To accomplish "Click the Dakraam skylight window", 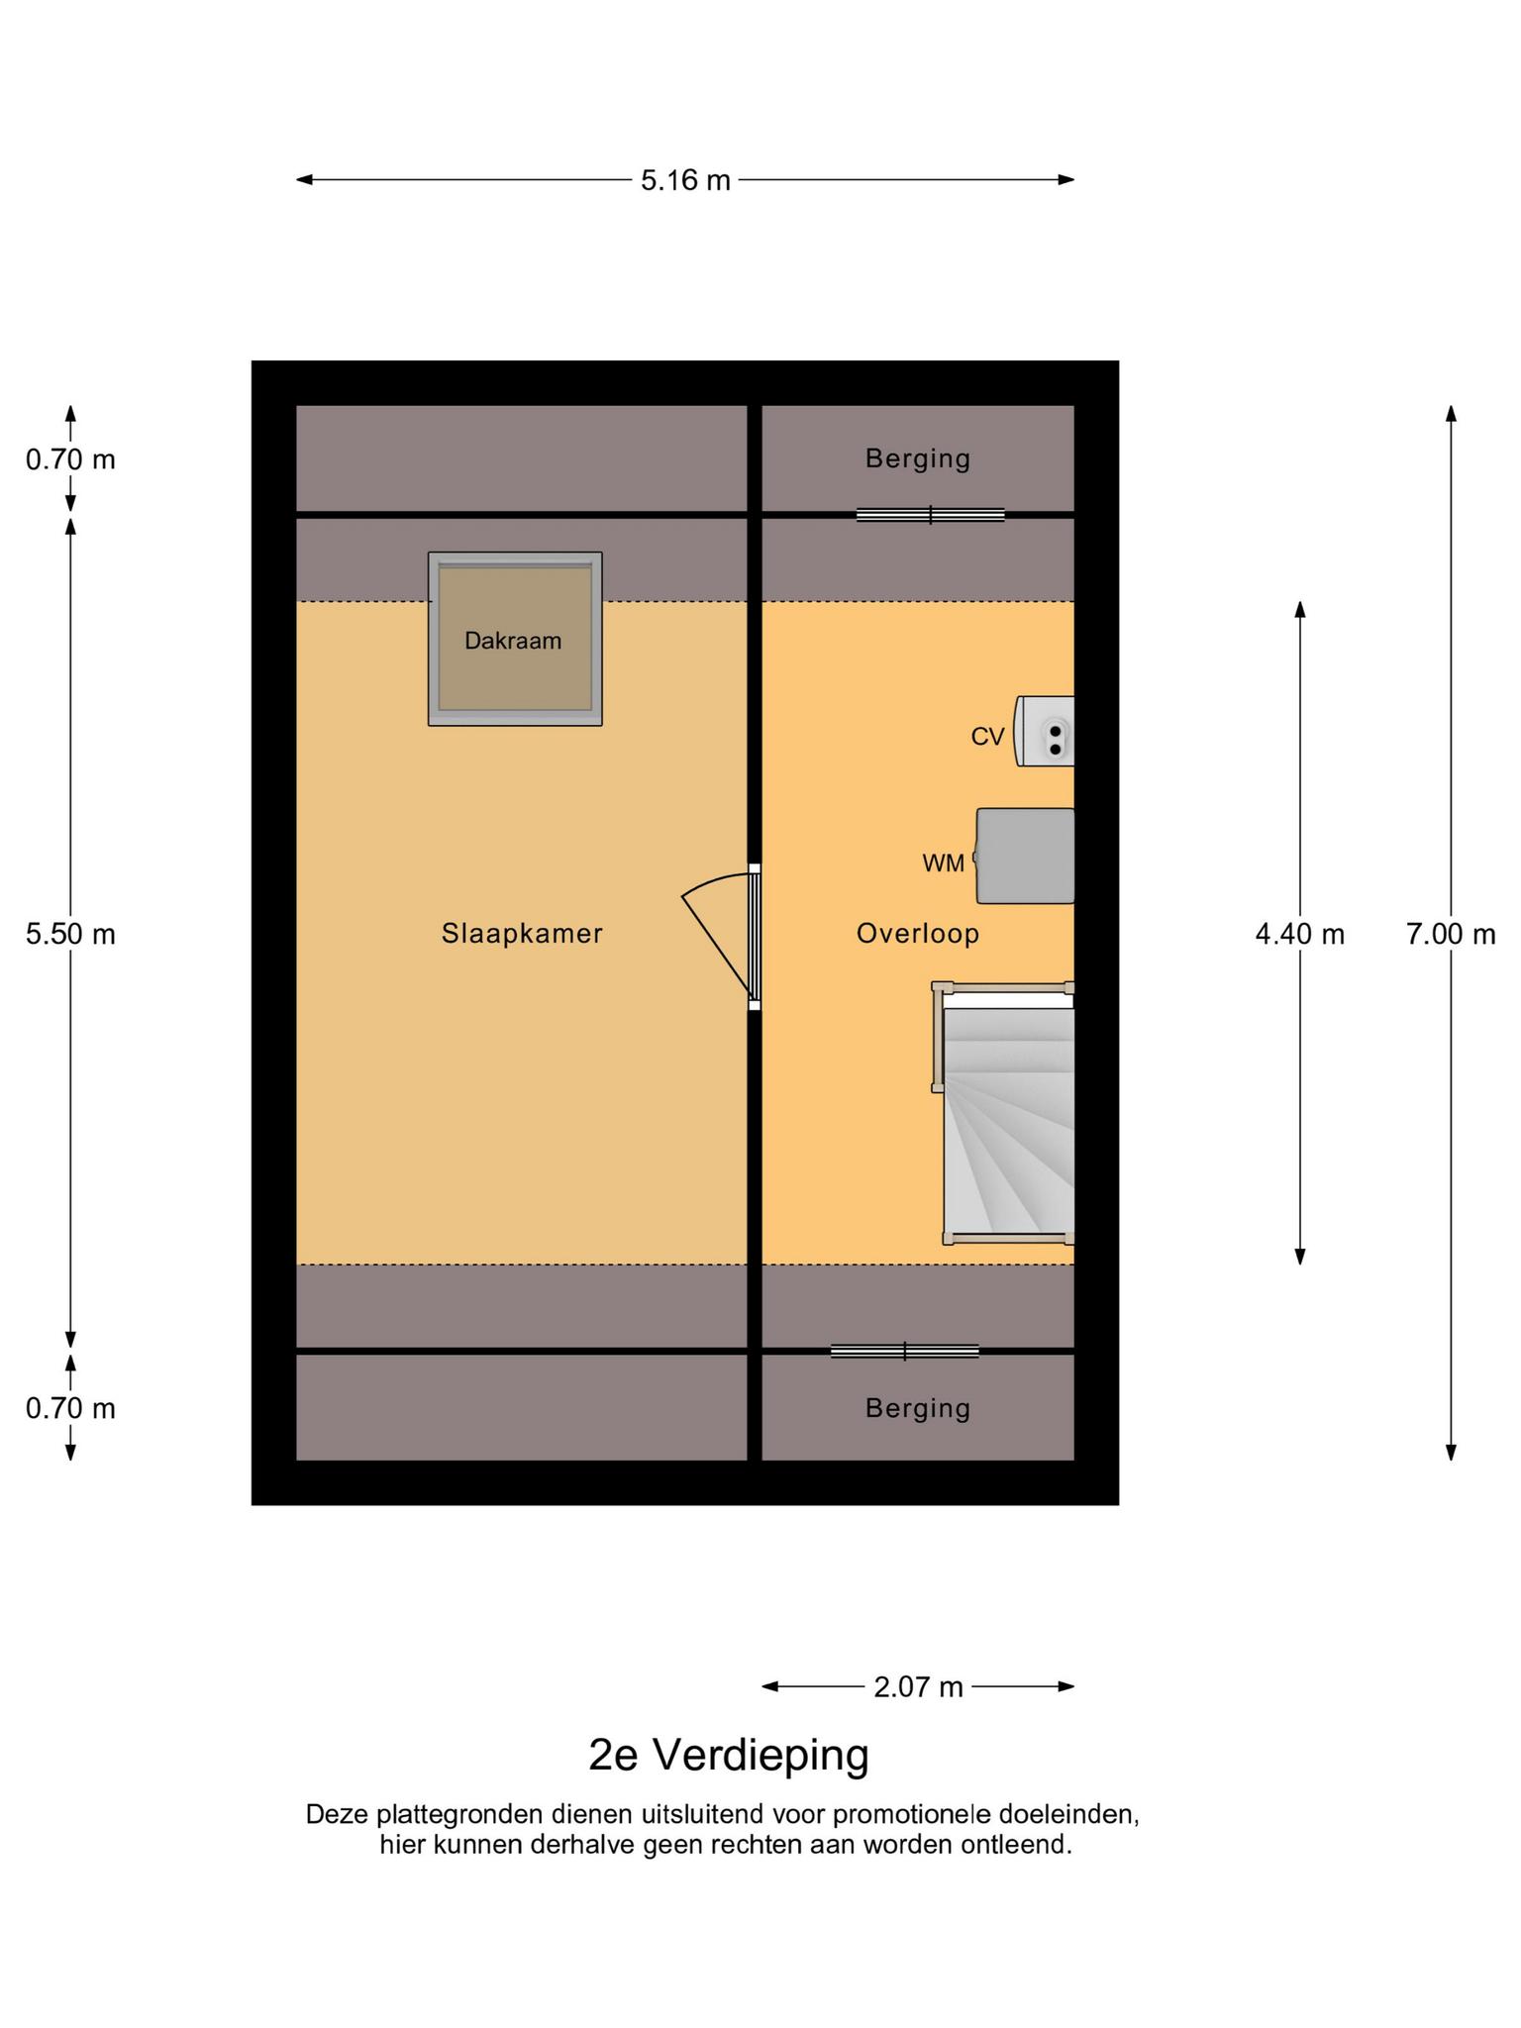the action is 515,639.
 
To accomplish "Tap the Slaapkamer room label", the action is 522,934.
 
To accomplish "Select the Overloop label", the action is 918,934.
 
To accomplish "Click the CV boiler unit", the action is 1045,732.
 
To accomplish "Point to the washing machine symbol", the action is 1025,856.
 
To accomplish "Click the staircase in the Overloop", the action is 1004,1113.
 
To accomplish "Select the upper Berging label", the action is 918,458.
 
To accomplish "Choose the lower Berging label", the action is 918,1408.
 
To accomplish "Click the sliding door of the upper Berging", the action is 931,515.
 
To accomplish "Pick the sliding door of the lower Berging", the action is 905,1351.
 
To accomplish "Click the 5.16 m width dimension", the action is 685,180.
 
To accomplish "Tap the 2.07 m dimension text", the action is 918,1686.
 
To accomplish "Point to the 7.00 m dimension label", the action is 1451,934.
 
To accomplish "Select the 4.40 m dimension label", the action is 1300,934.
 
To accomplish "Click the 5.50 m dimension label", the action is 70,934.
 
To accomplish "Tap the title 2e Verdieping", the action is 729,1755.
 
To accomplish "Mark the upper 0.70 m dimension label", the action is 70,459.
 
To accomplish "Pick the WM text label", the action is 943,863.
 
